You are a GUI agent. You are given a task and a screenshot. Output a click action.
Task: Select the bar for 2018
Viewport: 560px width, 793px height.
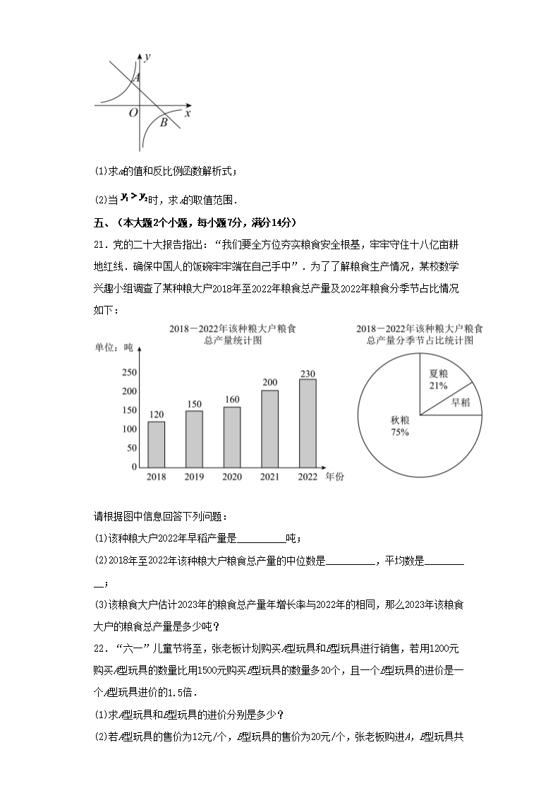(157, 444)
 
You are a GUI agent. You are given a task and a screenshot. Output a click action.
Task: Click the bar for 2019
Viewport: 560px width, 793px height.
(194, 439)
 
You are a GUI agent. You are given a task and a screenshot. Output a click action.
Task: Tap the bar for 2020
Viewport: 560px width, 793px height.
(232, 436)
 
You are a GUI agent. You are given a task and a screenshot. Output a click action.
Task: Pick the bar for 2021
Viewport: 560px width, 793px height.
(269, 429)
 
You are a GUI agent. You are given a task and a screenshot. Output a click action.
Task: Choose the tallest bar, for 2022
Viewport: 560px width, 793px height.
(308, 423)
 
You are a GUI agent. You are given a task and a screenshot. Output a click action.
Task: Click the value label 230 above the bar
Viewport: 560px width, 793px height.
(308, 374)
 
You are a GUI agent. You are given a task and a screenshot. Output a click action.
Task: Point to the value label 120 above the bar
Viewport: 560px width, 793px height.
(157, 415)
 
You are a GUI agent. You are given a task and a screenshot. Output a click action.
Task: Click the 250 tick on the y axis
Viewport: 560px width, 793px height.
(129, 372)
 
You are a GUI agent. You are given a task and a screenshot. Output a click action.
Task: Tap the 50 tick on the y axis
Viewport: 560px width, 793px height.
(132, 448)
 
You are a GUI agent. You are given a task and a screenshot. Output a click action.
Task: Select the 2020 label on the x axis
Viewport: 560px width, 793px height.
(232, 477)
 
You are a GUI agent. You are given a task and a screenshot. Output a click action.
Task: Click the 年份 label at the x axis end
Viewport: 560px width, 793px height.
(335, 477)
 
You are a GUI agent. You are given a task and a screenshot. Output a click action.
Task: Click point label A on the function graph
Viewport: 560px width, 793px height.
(137, 78)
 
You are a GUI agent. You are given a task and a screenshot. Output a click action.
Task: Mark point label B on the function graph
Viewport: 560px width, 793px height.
(164, 123)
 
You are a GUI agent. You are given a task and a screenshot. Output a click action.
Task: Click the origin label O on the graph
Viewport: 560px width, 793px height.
(133, 113)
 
